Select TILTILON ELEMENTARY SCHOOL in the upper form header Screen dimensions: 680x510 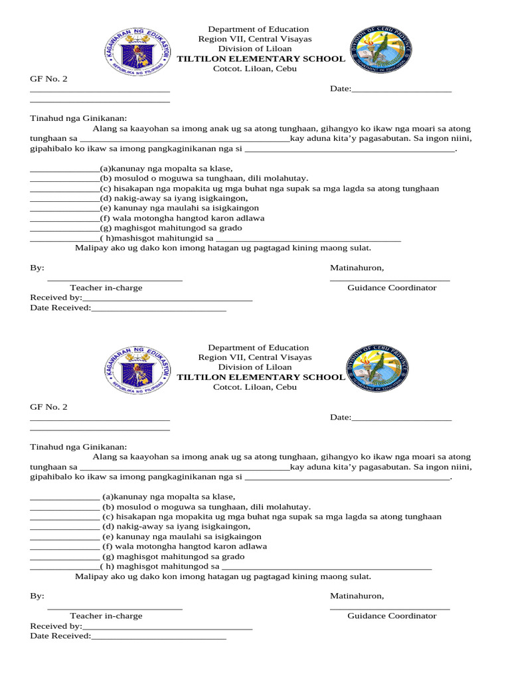[x=260, y=59]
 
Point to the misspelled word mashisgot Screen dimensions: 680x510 [x=126, y=237]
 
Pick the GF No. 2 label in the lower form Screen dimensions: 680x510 [x=48, y=407]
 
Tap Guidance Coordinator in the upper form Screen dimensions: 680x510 [x=392, y=288]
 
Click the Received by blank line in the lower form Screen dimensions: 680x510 [x=167, y=626]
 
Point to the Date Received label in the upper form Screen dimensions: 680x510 [x=60, y=307]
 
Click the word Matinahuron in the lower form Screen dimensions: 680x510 [x=357, y=596]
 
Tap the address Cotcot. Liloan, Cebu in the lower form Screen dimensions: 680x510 [x=254, y=387]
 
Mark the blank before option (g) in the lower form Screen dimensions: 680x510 [x=64, y=556]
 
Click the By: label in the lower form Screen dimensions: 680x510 [x=37, y=596]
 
